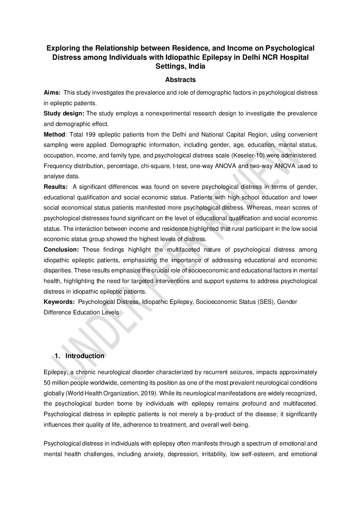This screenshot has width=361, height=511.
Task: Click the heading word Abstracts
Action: pyautogui.click(x=180, y=80)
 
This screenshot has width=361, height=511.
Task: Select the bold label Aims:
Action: pyautogui.click(x=52, y=93)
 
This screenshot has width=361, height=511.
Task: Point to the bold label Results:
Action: pyautogui.click(x=56, y=187)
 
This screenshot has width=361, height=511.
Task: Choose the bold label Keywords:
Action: pyautogui.click(x=59, y=302)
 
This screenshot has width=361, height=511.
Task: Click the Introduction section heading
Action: pyautogui.click(x=85, y=356)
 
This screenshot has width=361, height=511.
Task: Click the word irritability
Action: pyautogui.click(x=211, y=454)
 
